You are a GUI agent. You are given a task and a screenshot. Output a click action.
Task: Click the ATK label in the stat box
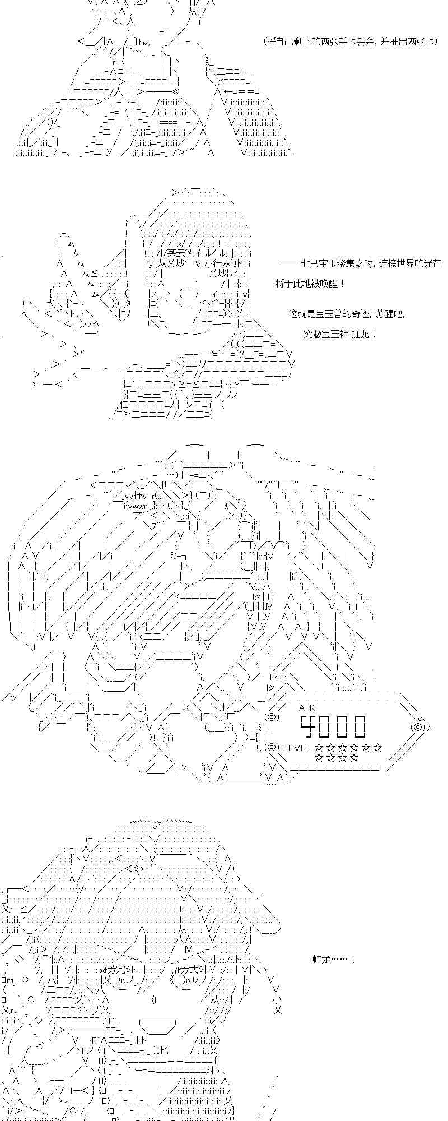coord(306,707)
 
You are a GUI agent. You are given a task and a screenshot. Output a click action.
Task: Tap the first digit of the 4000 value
coord(308,726)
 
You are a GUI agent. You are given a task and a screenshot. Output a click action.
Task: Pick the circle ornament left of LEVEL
coord(271,747)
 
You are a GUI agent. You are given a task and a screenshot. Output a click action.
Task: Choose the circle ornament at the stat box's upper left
coord(271,717)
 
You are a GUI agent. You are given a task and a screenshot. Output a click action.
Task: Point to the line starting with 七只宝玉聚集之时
coord(360,263)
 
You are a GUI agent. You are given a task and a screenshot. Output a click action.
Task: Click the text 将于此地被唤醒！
coord(310,284)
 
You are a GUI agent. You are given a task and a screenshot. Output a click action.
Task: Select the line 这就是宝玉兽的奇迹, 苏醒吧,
coord(346,314)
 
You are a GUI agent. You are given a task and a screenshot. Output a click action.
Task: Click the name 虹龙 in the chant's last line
coord(361,334)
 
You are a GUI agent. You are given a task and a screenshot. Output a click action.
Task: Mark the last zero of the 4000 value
coord(360,726)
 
